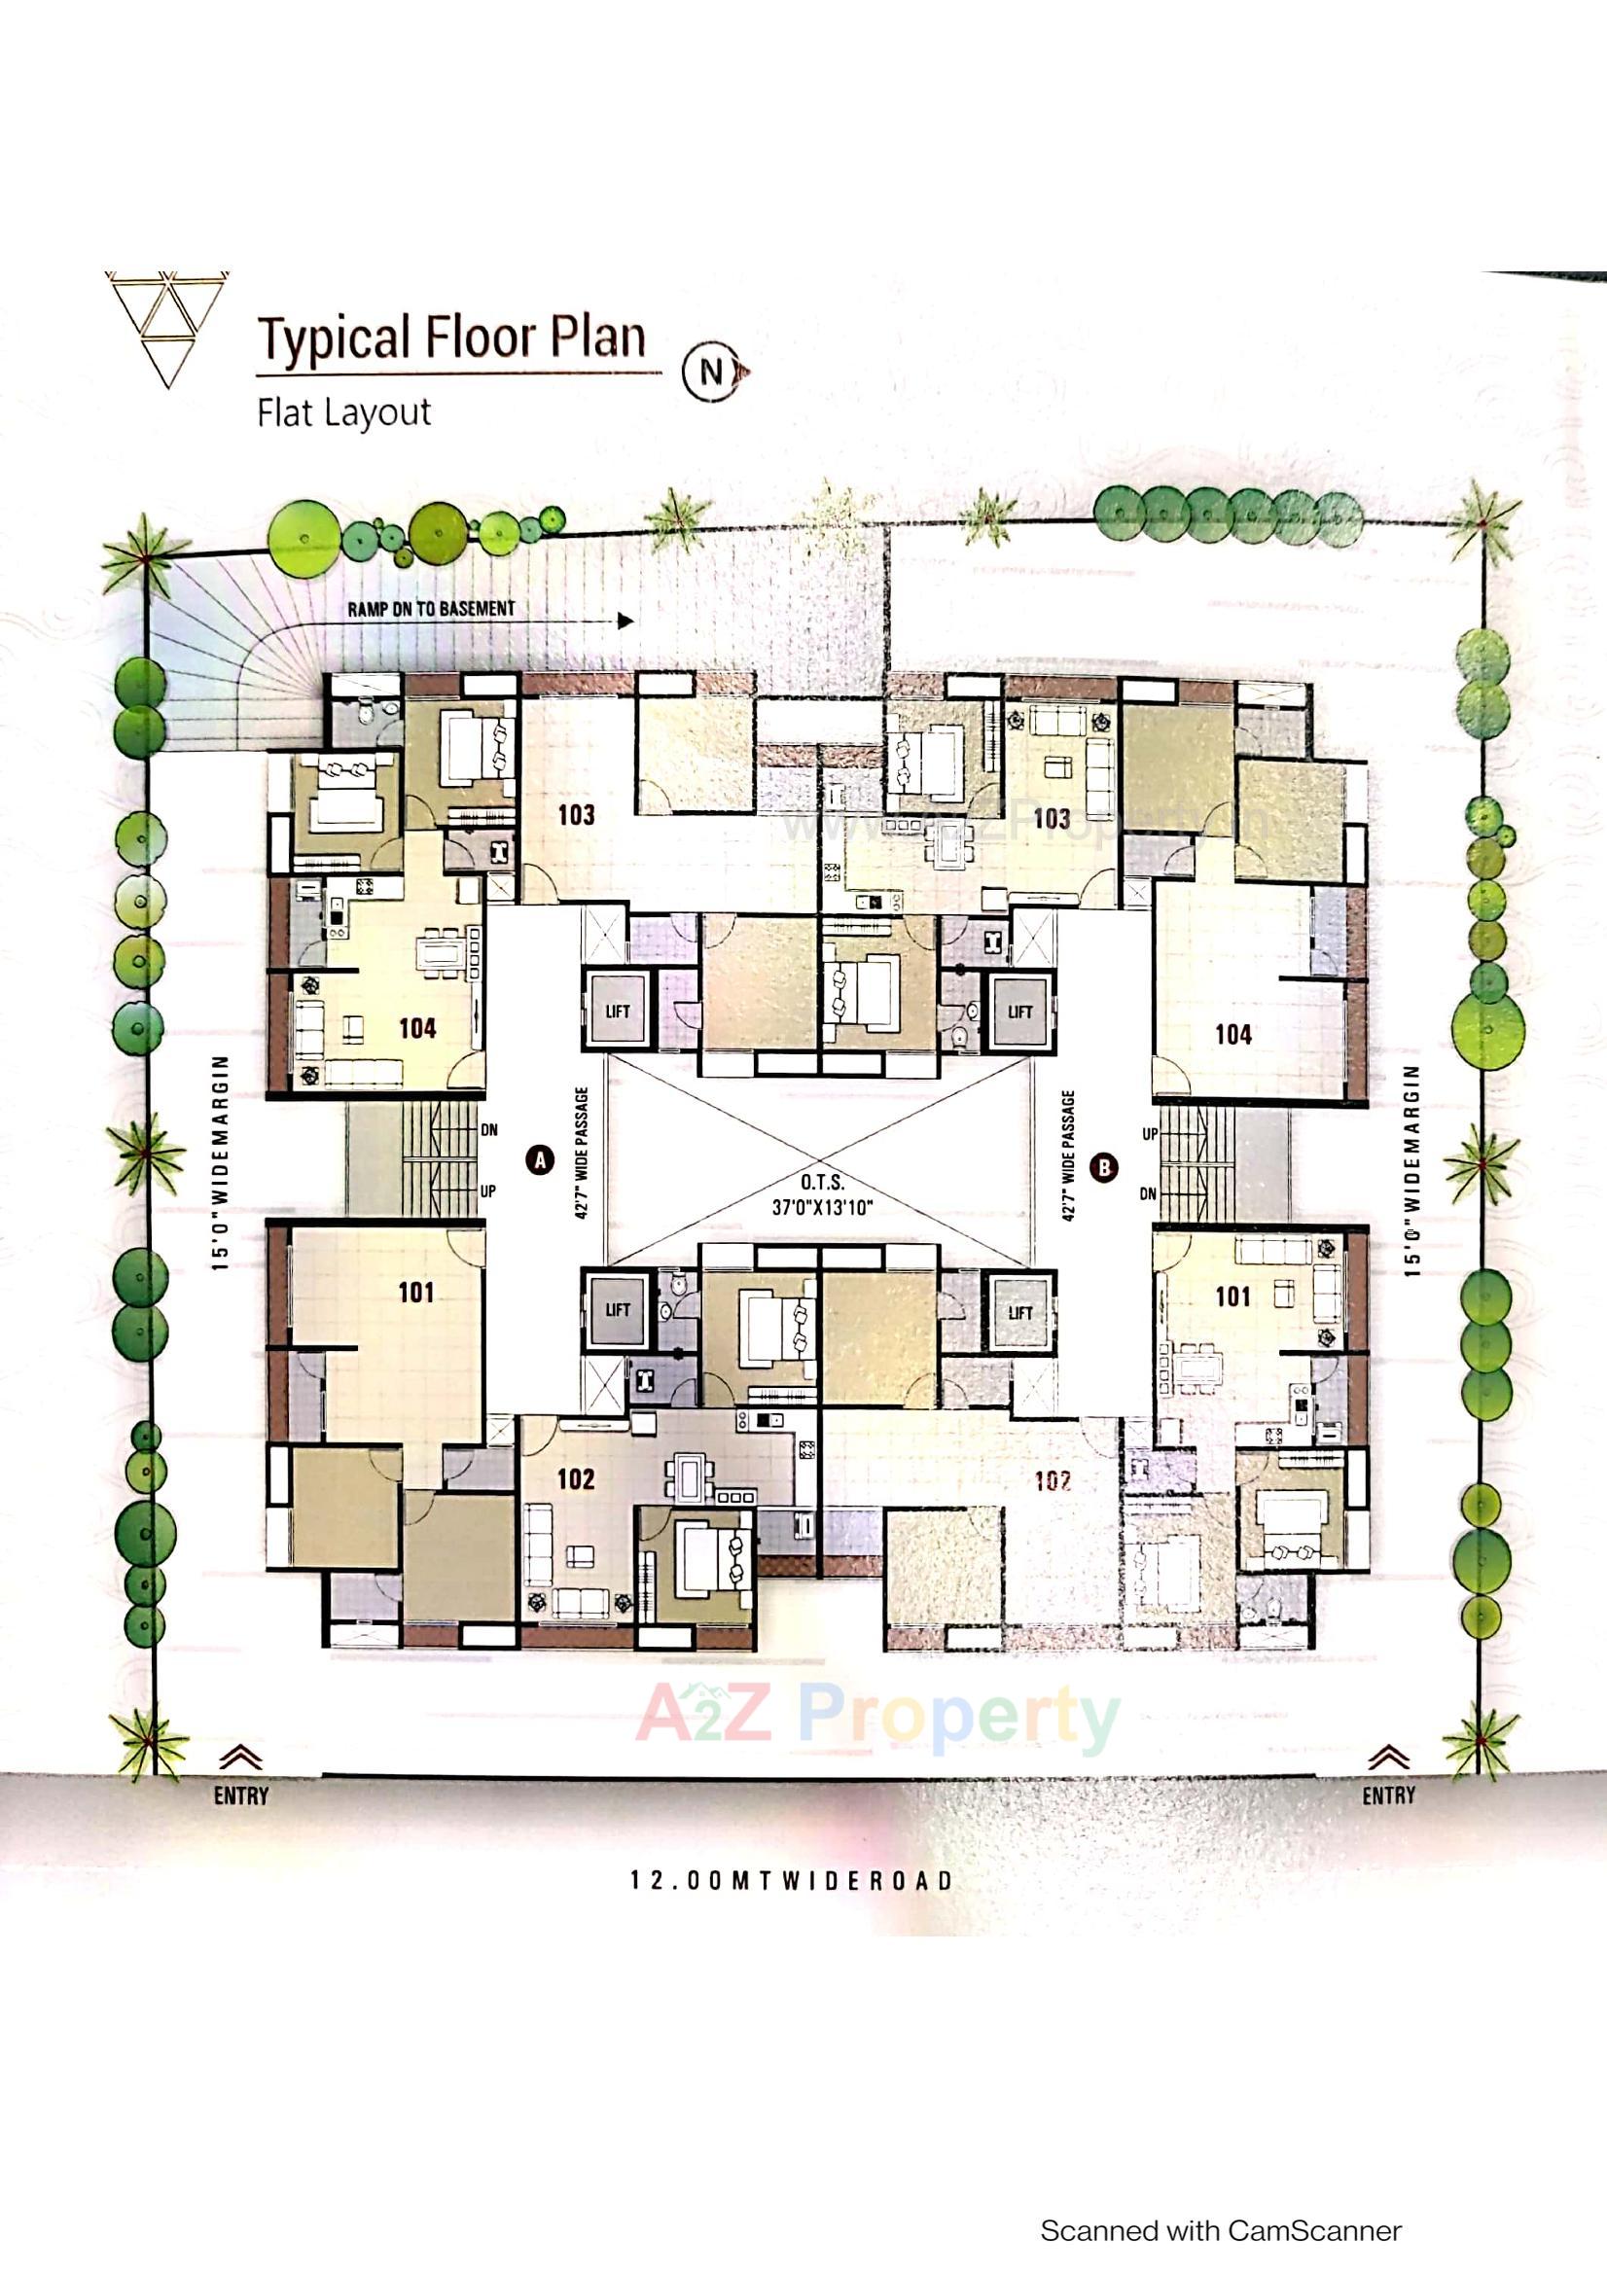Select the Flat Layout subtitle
click(x=343, y=412)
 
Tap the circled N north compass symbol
click(x=711, y=372)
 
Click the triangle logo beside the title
click(x=166, y=327)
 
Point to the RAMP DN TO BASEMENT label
click(x=431, y=608)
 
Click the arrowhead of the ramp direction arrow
click(x=625, y=621)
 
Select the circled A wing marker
click(x=540, y=1158)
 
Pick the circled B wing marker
click(x=1104, y=1167)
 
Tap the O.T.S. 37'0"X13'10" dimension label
click(x=822, y=1194)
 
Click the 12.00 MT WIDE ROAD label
click(x=792, y=1880)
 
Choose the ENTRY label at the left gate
click(x=240, y=1795)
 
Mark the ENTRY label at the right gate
click(x=1388, y=1795)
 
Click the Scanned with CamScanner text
click(x=1221, y=2230)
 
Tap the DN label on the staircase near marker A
click(x=488, y=1129)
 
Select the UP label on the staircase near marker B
click(x=1149, y=1134)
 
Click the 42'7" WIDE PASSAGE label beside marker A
click(x=582, y=1153)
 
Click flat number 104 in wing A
click(x=417, y=1028)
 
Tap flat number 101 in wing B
click(x=1232, y=1296)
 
